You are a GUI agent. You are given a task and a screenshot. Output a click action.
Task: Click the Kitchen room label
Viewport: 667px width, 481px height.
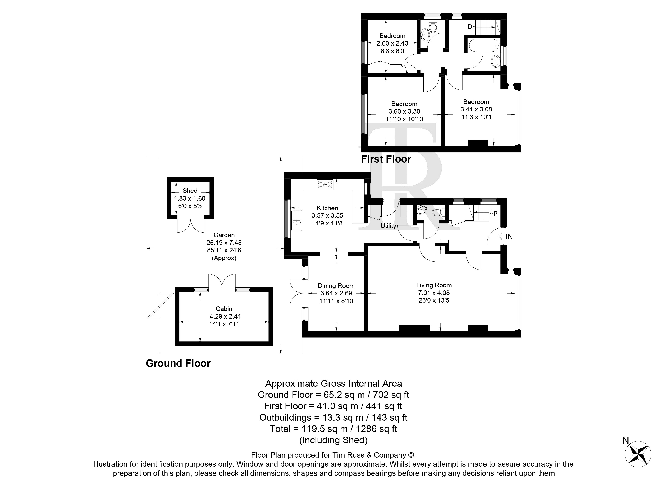327,208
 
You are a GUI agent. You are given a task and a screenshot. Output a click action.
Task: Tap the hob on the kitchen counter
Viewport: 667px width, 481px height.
325,184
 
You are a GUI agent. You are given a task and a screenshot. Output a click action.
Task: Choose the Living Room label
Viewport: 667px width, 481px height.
434,285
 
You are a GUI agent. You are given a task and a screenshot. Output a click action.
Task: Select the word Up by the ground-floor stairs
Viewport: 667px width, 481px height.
493,212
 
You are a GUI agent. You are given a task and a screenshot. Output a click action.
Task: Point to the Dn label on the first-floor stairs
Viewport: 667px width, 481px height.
471,27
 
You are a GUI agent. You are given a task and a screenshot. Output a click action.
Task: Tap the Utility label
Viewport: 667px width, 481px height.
388,226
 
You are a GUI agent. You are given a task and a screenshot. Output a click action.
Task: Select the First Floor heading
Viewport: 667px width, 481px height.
386,159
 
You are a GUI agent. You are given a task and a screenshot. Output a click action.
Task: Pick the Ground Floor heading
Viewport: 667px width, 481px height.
178,363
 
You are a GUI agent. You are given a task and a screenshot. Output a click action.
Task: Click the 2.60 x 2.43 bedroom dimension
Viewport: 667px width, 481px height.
392,43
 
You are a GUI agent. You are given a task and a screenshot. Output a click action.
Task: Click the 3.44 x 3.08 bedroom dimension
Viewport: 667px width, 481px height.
476,109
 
